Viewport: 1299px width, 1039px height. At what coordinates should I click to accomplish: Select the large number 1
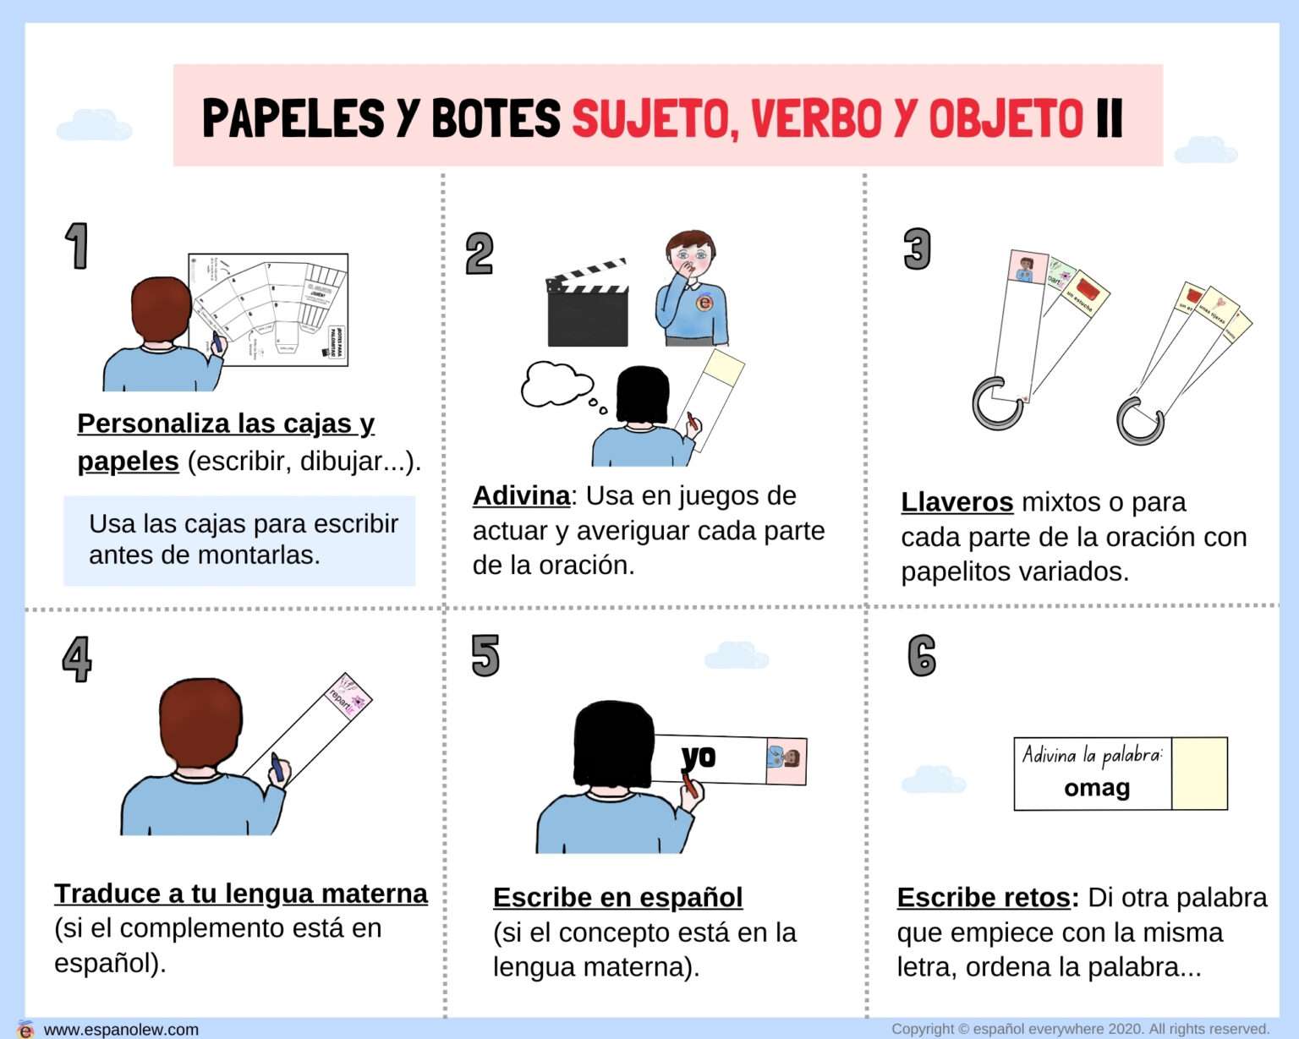[77, 247]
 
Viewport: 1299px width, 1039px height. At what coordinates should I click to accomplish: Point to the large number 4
[77, 659]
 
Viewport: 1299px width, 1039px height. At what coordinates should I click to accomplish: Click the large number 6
[922, 656]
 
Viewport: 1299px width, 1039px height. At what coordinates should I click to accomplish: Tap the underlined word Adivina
[521, 495]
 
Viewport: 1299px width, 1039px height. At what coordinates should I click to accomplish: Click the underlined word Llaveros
[956, 502]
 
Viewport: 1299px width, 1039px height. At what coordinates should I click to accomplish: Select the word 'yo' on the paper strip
[699, 757]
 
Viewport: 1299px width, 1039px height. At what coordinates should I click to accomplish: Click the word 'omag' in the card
[1097, 788]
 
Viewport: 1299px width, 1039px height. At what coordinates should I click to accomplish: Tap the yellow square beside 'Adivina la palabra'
[1199, 774]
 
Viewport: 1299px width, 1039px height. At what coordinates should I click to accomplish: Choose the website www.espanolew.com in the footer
[121, 1029]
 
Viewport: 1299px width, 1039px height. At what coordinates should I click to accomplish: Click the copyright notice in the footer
[1080, 1029]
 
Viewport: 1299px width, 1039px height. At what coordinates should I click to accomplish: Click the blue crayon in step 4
[277, 767]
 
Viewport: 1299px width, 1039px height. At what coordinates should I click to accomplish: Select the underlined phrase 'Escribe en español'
[617, 897]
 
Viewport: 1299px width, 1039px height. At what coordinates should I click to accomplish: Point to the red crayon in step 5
[690, 784]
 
